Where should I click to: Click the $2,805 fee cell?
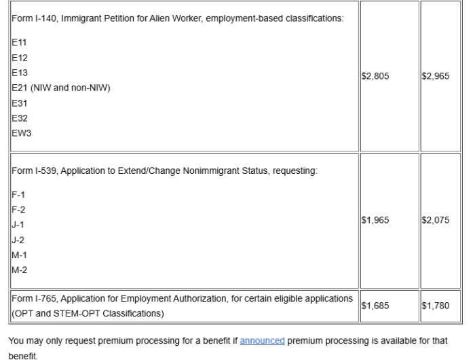(376, 77)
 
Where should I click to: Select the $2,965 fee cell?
(436, 77)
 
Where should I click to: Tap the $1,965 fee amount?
(376, 221)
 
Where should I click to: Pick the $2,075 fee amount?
(436, 221)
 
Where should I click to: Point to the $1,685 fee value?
(376, 305)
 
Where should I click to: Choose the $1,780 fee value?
(436, 305)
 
